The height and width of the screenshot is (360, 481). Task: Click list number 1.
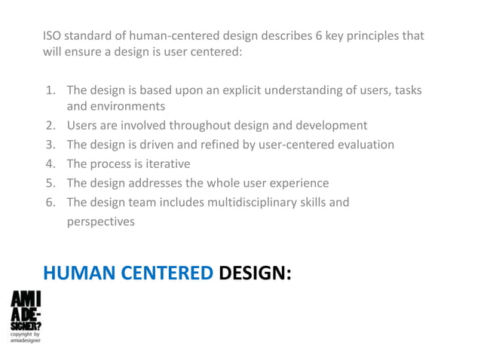point(51,90)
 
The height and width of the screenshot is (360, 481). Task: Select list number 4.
point(51,163)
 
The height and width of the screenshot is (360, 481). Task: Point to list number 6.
point(51,202)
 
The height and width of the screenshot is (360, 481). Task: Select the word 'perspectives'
point(101,221)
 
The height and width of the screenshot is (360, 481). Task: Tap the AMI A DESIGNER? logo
point(26,311)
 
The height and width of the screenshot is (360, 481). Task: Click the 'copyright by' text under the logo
point(26,334)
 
